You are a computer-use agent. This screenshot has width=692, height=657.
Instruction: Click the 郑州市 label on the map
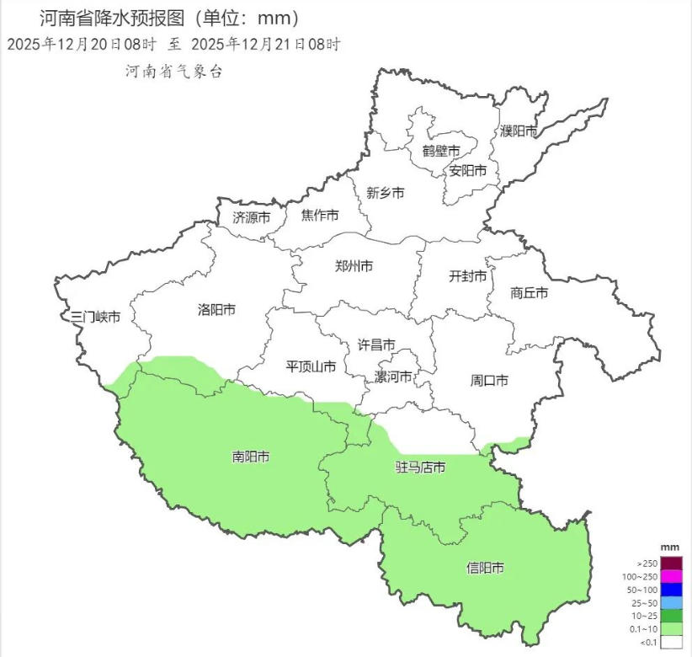[354, 266]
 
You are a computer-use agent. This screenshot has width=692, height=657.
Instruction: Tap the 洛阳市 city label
[216, 310]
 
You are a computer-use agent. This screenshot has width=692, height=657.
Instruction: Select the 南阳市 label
[251, 457]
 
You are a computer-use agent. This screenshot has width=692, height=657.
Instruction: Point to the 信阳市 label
[485, 569]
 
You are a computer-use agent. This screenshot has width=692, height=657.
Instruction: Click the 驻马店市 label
[420, 467]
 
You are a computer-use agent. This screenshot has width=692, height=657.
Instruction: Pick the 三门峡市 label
[96, 317]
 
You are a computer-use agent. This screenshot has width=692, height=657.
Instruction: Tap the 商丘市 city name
[530, 293]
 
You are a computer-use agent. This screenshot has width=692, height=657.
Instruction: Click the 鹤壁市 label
[441, 151]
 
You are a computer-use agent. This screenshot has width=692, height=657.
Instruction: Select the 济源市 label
[252, 216]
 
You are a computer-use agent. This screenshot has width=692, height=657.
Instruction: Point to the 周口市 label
[489, 381]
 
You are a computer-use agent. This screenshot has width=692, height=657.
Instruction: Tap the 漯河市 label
[393, 377]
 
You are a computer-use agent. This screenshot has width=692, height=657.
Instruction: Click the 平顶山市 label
[311, 366]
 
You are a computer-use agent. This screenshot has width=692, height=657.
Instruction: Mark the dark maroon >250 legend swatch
[671, 563]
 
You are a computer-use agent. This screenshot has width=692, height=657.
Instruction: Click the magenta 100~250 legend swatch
[671, 576]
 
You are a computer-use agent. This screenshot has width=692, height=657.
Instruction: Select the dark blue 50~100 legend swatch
[671, 590]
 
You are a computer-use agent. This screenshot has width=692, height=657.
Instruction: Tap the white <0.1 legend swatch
[671, 643]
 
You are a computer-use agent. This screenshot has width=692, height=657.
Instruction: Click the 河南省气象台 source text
[173, 72]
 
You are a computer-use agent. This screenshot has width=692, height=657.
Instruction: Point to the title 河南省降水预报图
[123, 18]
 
